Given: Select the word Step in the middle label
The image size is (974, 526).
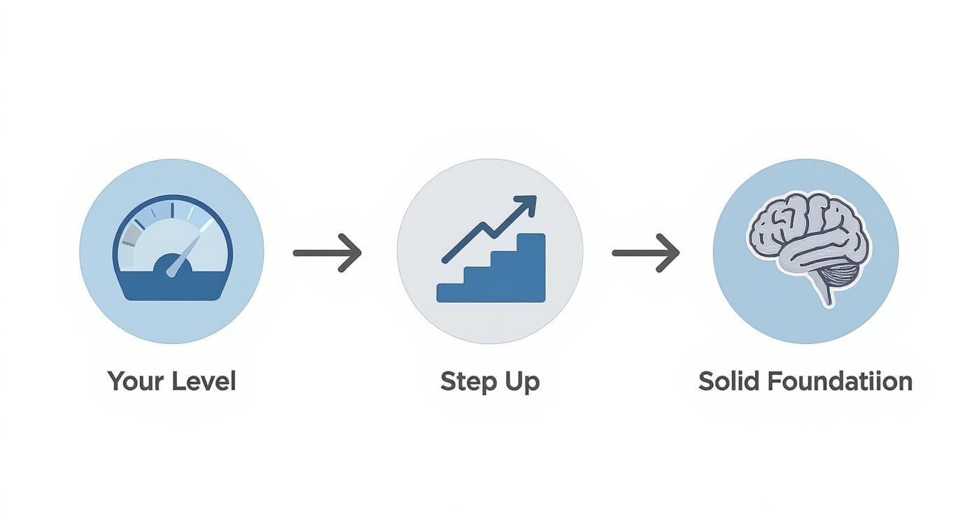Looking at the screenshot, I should [x=465, y=382].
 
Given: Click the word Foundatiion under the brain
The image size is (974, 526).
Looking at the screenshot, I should [x=839, y=382].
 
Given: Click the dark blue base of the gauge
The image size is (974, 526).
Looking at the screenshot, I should [x=172, y=288].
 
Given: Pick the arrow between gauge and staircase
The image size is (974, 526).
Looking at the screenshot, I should [x=327, y=252].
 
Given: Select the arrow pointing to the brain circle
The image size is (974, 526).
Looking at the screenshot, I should [x=645, y=252].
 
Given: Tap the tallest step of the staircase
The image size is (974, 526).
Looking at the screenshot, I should [x=531, y=266].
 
